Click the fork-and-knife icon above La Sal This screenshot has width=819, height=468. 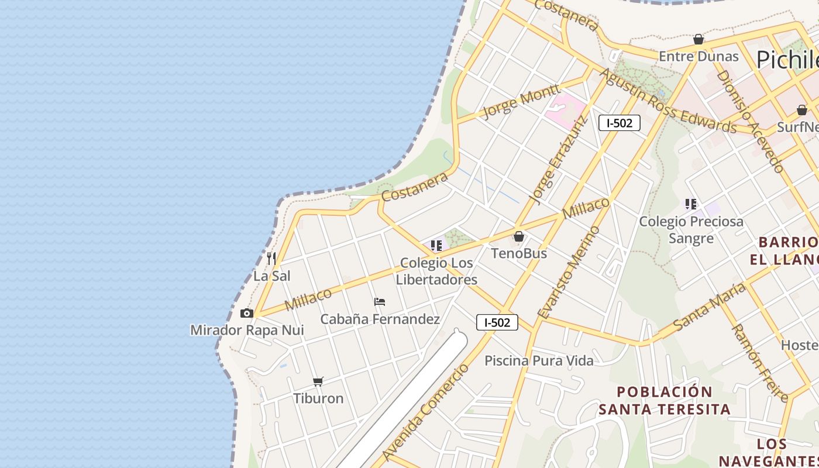271,258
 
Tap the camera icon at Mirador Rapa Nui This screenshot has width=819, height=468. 247,314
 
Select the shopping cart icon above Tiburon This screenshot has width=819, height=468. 318,381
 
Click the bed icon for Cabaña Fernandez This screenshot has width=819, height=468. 380,302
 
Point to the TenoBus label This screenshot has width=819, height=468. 519,253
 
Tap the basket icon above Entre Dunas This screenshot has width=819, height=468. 698,40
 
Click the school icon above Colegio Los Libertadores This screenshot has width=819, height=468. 436,246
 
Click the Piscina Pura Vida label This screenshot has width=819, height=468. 539,360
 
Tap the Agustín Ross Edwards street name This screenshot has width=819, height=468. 667,101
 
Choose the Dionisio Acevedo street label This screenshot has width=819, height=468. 750,121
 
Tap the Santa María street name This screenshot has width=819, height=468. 710,307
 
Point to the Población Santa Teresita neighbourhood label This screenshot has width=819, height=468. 665,400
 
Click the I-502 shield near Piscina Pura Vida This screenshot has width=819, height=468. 497,322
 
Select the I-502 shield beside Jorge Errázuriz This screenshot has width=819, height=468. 620,123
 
